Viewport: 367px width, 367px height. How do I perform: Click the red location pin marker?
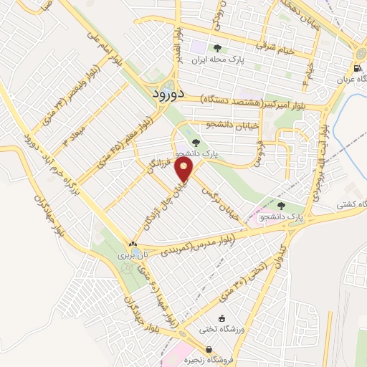coord(186,170)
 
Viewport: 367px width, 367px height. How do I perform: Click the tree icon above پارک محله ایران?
coord(217,49)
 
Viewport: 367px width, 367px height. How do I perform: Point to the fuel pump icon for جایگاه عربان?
coord(355,69)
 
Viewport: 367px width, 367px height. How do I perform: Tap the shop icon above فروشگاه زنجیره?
coord(189,349)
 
